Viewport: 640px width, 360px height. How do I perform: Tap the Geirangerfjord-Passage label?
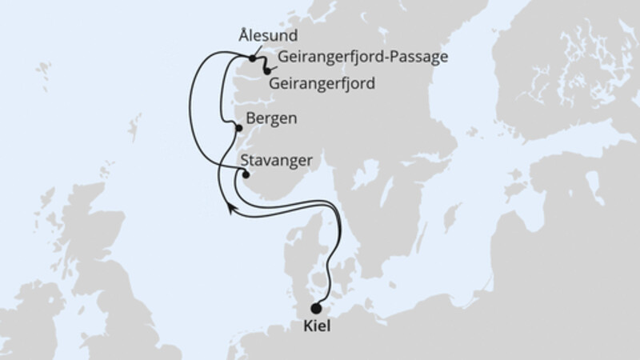tap(363, 58)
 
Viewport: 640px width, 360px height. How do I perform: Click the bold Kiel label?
tap(318, 326)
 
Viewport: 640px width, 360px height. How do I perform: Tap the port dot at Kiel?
tap(317, 308)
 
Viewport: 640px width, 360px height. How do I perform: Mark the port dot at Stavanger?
tap(246, 174)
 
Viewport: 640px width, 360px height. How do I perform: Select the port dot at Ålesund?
tap(253, 58)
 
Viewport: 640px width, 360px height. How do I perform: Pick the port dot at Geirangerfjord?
tap(267, 72)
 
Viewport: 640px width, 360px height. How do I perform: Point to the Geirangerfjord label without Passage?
tap(322, 82)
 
